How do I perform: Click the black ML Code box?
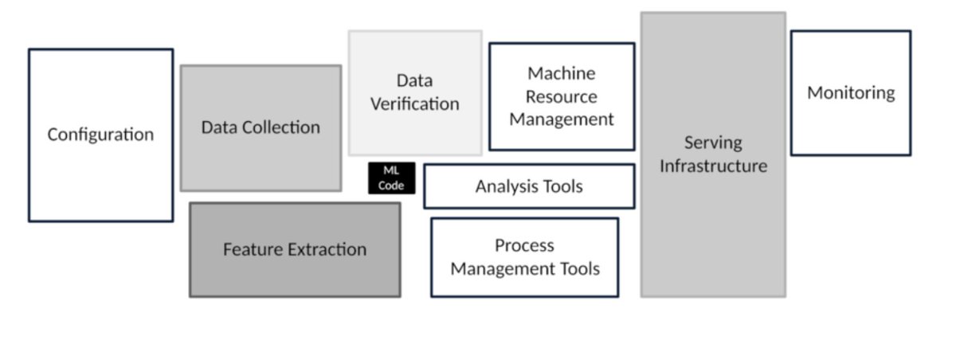click(391, 178)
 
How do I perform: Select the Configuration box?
click(100, 135)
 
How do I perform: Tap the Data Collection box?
click(261, 127)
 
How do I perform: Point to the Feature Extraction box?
click(295, 249)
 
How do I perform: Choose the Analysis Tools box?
click(529, 186)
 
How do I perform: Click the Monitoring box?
click(850, 93)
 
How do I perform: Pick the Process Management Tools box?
click(524, 257)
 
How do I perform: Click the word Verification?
click(414, 104)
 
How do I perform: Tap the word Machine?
click(562, 73)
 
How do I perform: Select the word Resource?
click(562, 96)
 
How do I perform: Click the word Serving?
click(713, 143)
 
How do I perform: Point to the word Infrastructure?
click(713, 166)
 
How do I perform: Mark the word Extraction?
click(327, 249)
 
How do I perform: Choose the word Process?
click(524, 245)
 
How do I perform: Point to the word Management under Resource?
click(562, 119)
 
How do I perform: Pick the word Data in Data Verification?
click(414, 80)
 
